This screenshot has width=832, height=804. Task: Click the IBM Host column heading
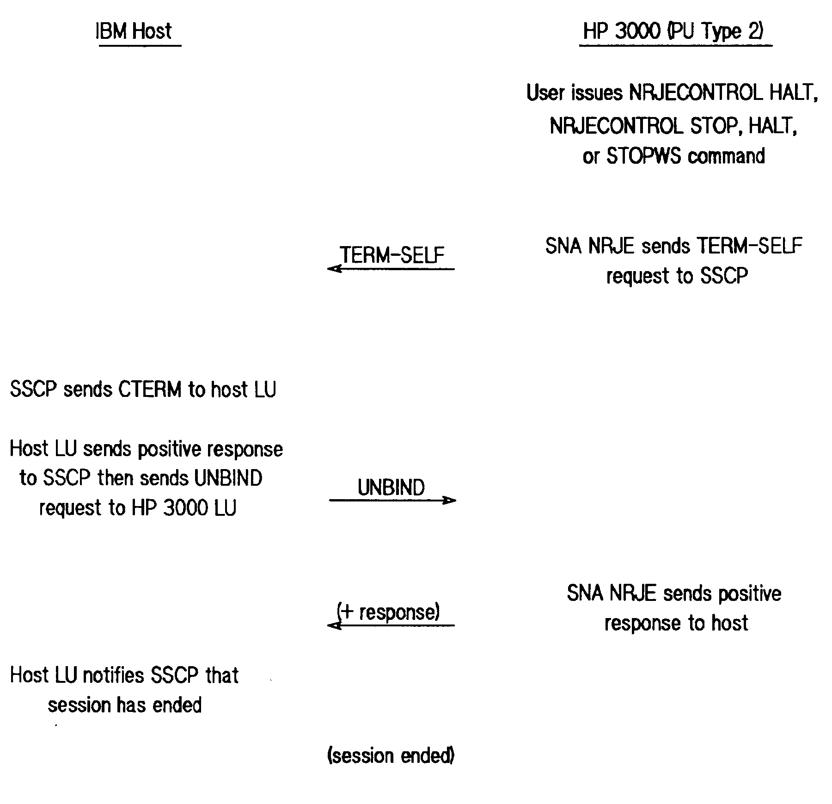(x=134, y=31)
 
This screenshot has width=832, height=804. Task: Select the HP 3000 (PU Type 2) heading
(x=673, y=31)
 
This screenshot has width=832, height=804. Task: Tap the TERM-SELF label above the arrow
(x=392, y=254)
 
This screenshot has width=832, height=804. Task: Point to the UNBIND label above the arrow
(x=391, y=488)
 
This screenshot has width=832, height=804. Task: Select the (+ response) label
(x=388, y=612)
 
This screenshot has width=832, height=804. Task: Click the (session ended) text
(x=391, y=755)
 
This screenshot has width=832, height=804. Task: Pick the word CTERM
(x=150, y=390)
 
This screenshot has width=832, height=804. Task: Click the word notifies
(x=114, y=675)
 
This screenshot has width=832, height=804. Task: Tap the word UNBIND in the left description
(x=228, y=478)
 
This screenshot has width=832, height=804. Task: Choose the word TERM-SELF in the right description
(x=749, y=246)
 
